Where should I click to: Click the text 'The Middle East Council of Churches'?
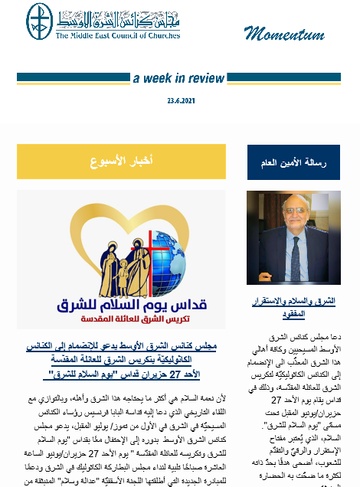click(x=116, y=34)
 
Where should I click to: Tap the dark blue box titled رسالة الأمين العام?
click(x=293, y=162)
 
